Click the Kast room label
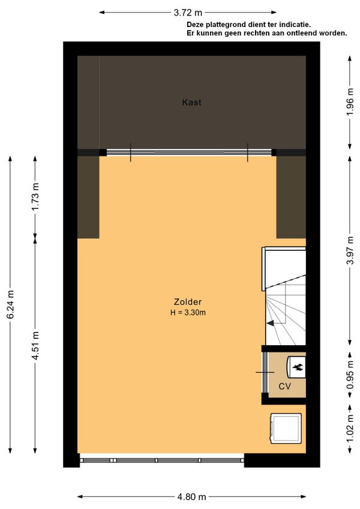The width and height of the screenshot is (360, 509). pos(191,103)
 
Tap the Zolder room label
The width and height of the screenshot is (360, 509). pos(188,302)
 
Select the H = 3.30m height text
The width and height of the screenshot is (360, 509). pos(188,313)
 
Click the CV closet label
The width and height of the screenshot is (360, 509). pos(284,387)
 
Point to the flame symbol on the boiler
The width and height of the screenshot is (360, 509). pos(298,367)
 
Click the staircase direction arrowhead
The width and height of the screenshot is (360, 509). pos(270,323)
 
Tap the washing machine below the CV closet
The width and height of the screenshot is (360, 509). pos(286,429)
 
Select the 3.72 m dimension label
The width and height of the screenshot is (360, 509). pos(188,13)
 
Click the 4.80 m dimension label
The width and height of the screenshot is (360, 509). pos(191,496)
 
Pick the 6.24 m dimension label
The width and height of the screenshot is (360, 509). pos(10,304)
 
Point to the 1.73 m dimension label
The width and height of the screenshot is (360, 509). pos(35,196)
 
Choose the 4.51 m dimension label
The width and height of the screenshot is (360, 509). pos(35,346)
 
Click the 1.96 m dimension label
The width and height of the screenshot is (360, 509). pos(350,102)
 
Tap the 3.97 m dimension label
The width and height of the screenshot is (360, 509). pos(350,251)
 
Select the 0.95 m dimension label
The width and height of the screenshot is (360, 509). pos(350,375)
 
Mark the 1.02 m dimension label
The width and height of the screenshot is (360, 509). pos(350,429)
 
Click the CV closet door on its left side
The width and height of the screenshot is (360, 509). pos(265,372)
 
